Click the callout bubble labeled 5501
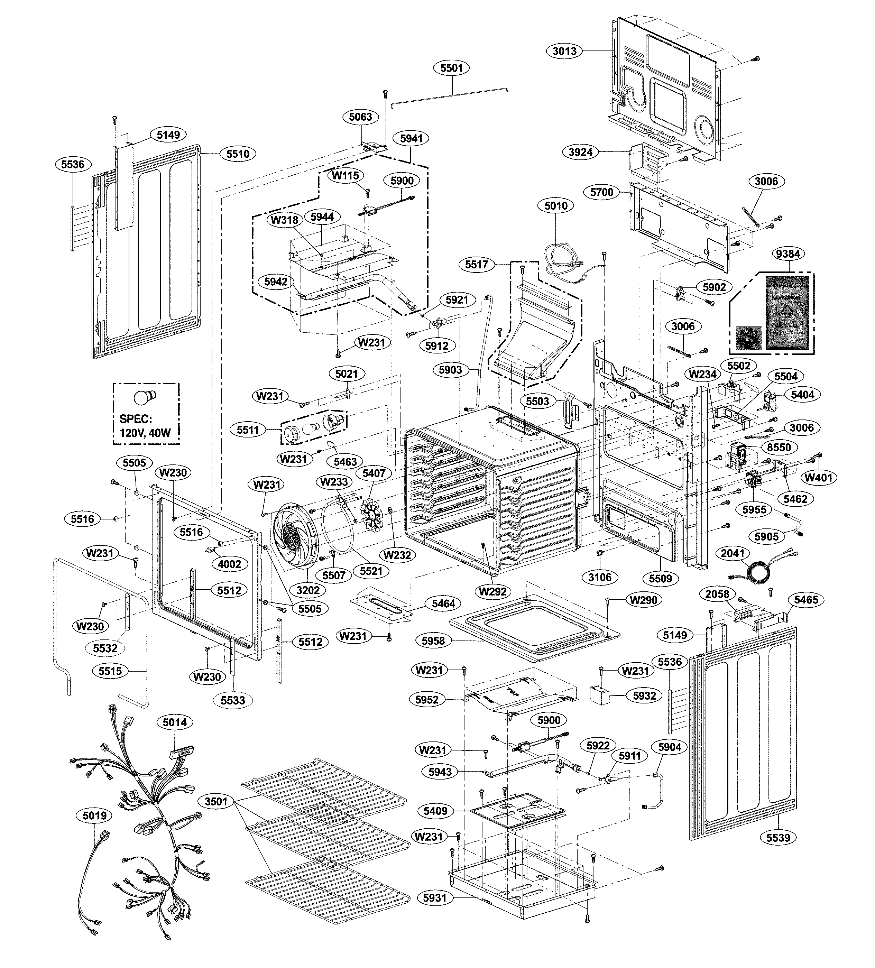tap(451, 68)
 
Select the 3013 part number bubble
tap(564, 51)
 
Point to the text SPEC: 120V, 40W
tap(145, 425)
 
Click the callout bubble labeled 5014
tap(175, 722)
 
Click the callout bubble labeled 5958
tap(433, 640)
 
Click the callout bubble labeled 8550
tap(779, 447)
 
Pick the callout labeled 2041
tap(733, 554)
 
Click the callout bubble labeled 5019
tap(94, 815)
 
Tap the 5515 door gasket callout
tap(110, 671)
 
